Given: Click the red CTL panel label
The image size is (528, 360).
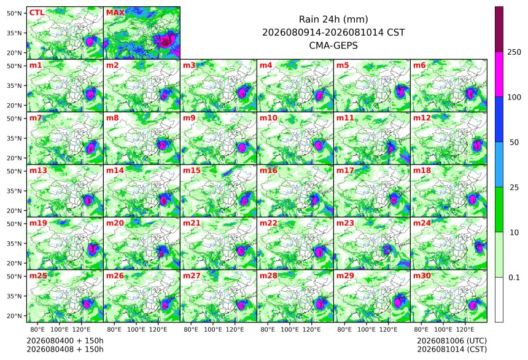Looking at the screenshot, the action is pyautogui.click(x=37, y=12).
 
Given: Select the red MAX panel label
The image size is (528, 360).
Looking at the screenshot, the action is pyautogui.click(x=115, y=12).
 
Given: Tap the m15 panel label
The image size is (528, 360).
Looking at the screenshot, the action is pyautogui.click(x=192, y=171).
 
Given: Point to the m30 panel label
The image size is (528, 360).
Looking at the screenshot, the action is pyautogui.click(x=422, y=276).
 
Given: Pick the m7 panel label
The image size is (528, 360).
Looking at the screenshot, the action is pyautogui.click(x=36, y=118).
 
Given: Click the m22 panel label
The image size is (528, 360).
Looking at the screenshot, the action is pyautogui.click(x=268, y=223).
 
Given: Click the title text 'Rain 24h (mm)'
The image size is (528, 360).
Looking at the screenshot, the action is pyautogui.click(x=333, y=19).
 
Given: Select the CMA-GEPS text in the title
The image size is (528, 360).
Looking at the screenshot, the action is pyautogui.click(x=333, y=45).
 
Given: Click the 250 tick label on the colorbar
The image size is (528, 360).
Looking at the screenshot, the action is pyautogui.click(x=514, y=52).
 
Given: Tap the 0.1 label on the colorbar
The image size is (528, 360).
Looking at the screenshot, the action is pyautogui.click(x=514, y=278).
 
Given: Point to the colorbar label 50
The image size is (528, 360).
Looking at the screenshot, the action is pyautogui.click(x=514, y=143).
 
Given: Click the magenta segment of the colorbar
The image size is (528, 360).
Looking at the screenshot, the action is pyautogui.click(x=499, y=74).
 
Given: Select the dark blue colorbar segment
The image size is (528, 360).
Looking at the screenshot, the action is pyautogui.click(x=499, y=119).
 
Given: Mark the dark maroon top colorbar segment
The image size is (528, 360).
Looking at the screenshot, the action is pyautogui.click(x=499, y=29).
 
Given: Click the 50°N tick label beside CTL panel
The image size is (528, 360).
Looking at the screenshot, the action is pyautogui.click(x=14, y=13).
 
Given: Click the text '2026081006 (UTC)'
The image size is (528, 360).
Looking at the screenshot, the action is pyautogui.click(x=452, y=341).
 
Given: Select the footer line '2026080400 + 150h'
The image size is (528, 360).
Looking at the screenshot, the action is pyautogui.click(x=65, y=341).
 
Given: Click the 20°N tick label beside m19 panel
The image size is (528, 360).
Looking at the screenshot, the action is pyautogui.click(x=14, y=264).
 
